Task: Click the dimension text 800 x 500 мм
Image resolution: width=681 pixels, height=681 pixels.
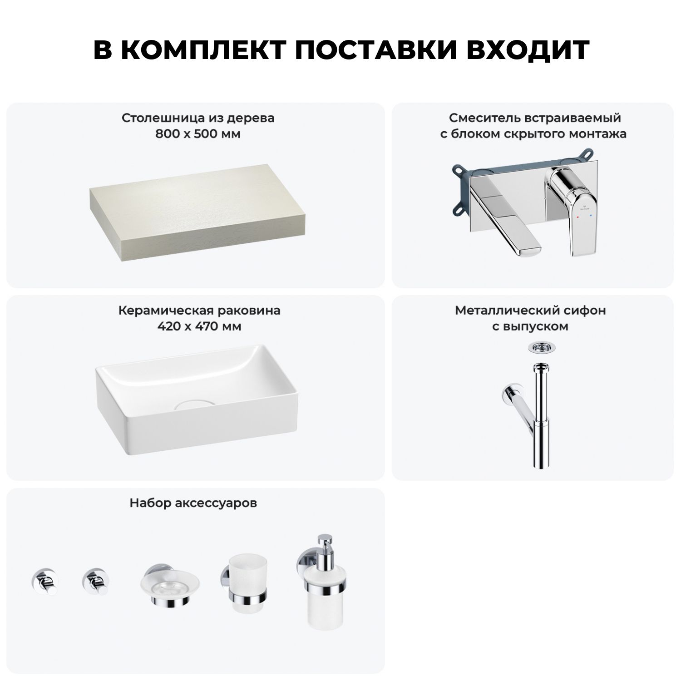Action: [198, 134]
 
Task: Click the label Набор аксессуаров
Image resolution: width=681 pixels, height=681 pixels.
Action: [193, 503]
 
